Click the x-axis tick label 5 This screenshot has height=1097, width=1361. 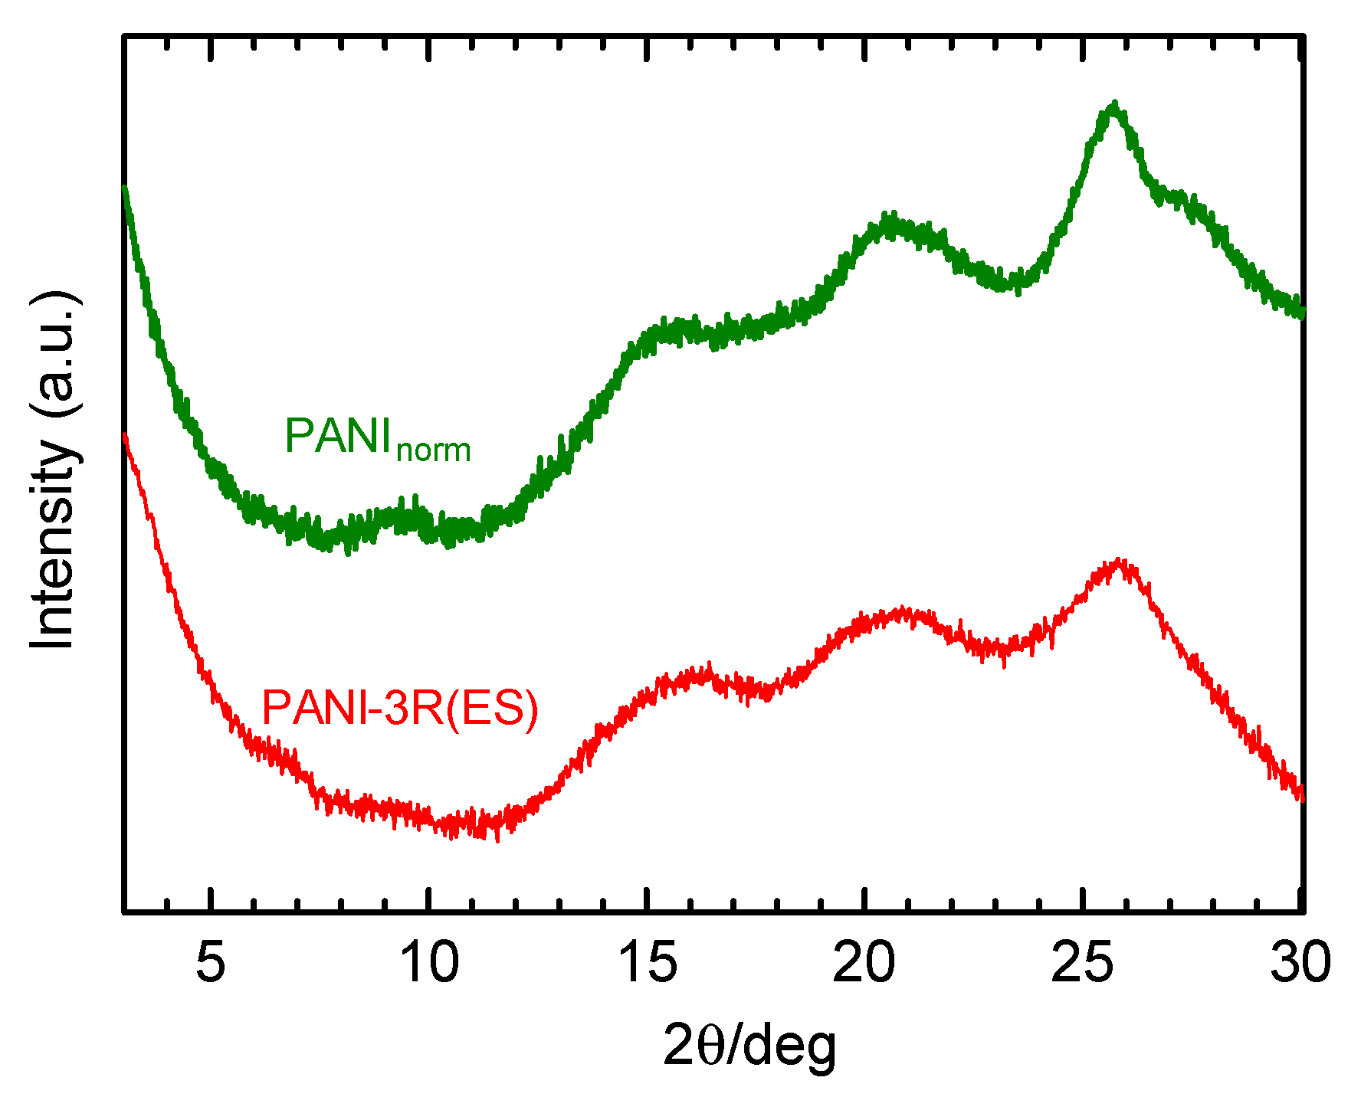click(211, 962)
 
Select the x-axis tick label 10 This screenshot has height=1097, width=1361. click(429, 962)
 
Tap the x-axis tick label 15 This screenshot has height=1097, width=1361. click(648, 962)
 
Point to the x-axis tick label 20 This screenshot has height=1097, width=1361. click(864, 962)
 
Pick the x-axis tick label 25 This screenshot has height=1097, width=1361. click(1082, 962)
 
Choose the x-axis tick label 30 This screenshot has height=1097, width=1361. click(1300, 962)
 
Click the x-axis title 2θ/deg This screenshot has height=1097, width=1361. click(749, 1046)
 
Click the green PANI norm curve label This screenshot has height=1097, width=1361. click(377, 439)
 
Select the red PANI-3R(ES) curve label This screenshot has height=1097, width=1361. click(400, 708)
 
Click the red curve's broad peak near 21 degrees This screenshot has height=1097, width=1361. click(904, 611)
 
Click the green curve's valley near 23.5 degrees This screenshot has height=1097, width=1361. click(1004, 283)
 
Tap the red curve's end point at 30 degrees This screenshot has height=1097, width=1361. click(1300, 797)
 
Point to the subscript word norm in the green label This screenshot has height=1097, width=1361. click(434, 450)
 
